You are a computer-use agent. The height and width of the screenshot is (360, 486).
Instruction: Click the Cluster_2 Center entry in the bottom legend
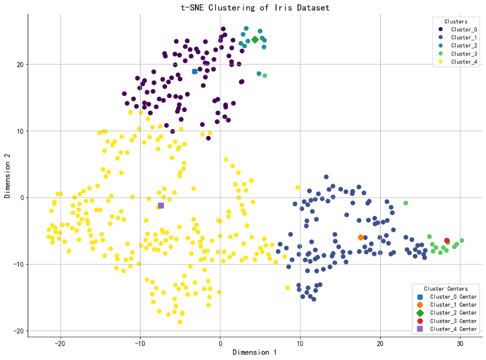coord(453,313)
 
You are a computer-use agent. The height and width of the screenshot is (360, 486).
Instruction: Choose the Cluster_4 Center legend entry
coord(453,329)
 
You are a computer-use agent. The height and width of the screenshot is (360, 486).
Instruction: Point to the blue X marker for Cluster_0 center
coord(195,71)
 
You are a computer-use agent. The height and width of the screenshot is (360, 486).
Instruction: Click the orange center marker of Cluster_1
coord(360,237)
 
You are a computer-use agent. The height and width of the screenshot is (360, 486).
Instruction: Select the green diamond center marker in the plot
coord(255,39)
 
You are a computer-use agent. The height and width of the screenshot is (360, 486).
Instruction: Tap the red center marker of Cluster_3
coord(447,241)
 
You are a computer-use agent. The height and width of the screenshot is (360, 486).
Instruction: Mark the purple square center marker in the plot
coord(161,205)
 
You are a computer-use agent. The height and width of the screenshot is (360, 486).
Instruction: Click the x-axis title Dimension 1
coord(254,353)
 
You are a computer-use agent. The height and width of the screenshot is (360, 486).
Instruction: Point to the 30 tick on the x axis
coord(460,342)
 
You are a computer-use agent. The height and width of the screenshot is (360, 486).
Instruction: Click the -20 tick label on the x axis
coord(60,342)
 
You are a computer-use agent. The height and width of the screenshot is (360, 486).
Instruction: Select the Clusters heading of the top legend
coord(456,21)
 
